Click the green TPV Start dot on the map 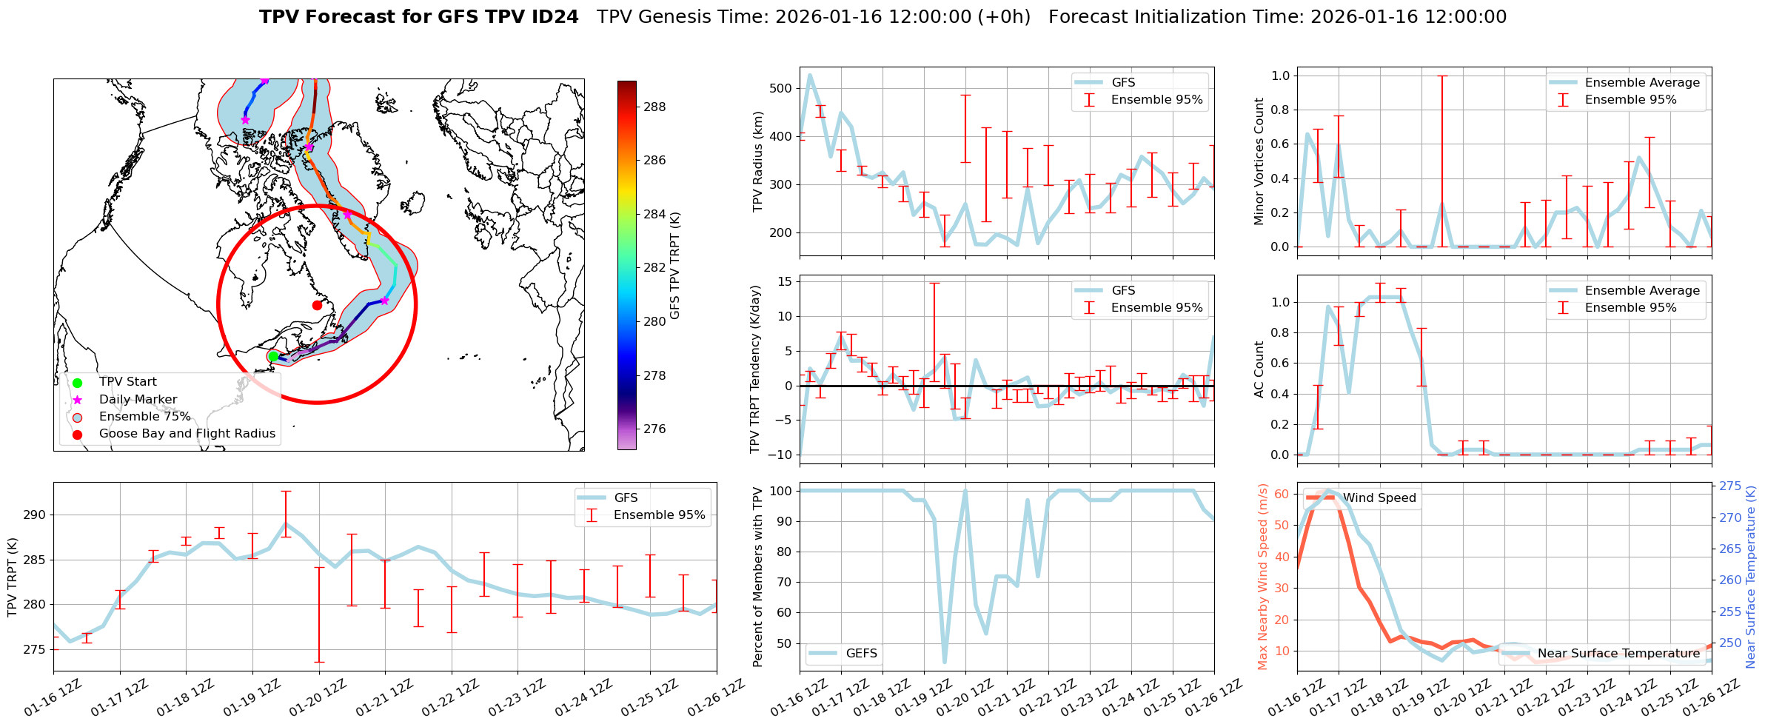coord(273,356)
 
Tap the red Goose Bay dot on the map coord(317,305)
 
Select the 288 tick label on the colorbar coord(654,107)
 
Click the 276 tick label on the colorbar coord(654,429)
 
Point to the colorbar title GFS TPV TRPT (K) coord(675,266)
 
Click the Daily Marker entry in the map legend coord(138,400)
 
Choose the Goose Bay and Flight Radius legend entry coord(187,434)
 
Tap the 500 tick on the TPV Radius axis coord(781,88)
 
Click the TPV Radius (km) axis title coord(757,161)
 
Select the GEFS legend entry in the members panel coord(861,654)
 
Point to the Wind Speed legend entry coord(1379,498)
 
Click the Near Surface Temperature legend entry coord(1618,654)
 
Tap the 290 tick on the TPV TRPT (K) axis coord(35,515)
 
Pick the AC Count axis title coord(1259,369)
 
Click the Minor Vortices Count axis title coord(1259,161)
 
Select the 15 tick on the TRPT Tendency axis coord(784,281)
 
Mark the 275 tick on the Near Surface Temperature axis coord(1730,486)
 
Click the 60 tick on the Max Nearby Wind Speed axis coord(1282,494)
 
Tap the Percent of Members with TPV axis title coord(757,577)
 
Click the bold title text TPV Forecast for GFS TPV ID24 coord(419,17)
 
